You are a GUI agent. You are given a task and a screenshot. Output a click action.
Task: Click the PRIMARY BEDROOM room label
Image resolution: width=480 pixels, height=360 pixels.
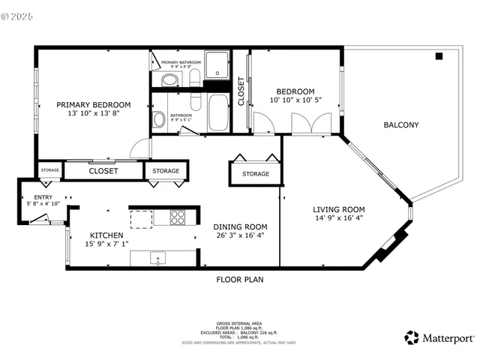click(x=94, y=104)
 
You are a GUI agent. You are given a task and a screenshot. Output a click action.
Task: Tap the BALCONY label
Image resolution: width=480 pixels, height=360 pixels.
click(x=400, y=125)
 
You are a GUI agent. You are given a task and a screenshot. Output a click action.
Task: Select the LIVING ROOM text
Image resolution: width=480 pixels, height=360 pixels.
click(x=338, y=210)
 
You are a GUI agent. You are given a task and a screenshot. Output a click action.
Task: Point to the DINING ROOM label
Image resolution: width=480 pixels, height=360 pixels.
click(x=240, y=226)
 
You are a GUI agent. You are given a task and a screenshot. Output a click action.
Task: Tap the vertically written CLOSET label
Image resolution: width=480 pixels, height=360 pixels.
click(x=241, y=91)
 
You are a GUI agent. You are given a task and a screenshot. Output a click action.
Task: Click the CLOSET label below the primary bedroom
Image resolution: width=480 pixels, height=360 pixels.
click(x=103, y=171)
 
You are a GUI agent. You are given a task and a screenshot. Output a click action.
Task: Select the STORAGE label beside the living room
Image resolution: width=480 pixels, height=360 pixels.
click(x=255, y=174)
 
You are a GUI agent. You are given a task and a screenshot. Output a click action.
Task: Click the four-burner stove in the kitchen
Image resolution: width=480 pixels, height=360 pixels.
click(x=178, y=217)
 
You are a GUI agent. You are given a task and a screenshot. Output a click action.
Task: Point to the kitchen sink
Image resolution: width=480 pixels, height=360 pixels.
click(x=159, y=259)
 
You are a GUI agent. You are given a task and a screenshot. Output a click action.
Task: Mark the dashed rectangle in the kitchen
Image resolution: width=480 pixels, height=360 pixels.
click(x=141, y=217)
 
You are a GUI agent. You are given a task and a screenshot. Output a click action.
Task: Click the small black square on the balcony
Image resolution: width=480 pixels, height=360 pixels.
click(x=439, y=56)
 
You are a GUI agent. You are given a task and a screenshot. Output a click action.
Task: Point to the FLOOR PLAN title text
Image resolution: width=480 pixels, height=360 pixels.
click(x=239, y=280)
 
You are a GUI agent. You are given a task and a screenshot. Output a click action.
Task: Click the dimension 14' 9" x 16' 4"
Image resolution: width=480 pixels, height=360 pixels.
click(x=338, y=219)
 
